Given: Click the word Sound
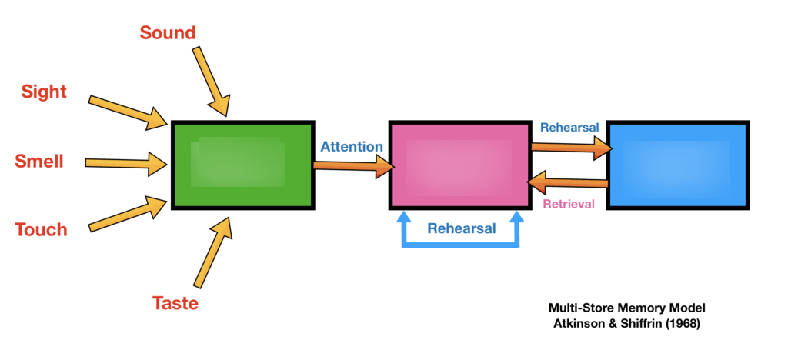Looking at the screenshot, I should click(x=168, y=32).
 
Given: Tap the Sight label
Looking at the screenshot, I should click(x=44, y=92).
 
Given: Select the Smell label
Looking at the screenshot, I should click(x=39, y=162).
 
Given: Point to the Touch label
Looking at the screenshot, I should click(x=42, y=229).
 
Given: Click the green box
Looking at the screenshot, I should click(x=242, y=165).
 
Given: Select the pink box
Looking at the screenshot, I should click(x=459, y=165).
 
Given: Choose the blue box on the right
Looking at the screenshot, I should click(x=677, y=165).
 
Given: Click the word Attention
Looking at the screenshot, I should click(x=352, y=146).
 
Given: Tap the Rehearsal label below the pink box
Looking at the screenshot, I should click(x=462, y=228).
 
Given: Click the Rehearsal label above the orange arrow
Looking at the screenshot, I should click(x=569, y=128).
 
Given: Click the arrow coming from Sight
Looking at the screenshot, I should click(x=128, y=112).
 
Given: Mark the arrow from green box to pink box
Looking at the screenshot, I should click(x=352, y=164).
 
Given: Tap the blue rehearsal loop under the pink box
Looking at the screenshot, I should click(x=460, y=245).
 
